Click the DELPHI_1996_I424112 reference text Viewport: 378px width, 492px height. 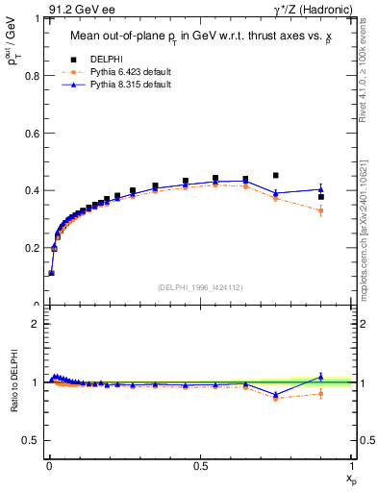(x=199, y=287)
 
